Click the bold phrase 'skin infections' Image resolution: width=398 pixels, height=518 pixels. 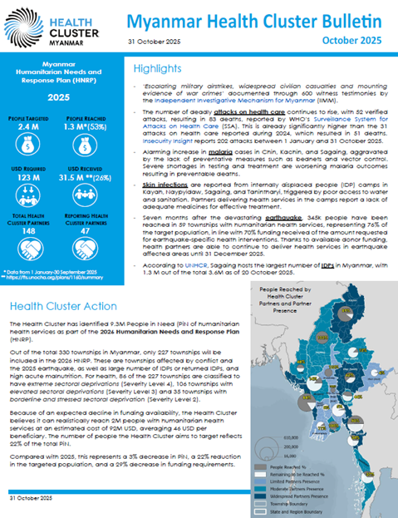[x=167, y=188]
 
